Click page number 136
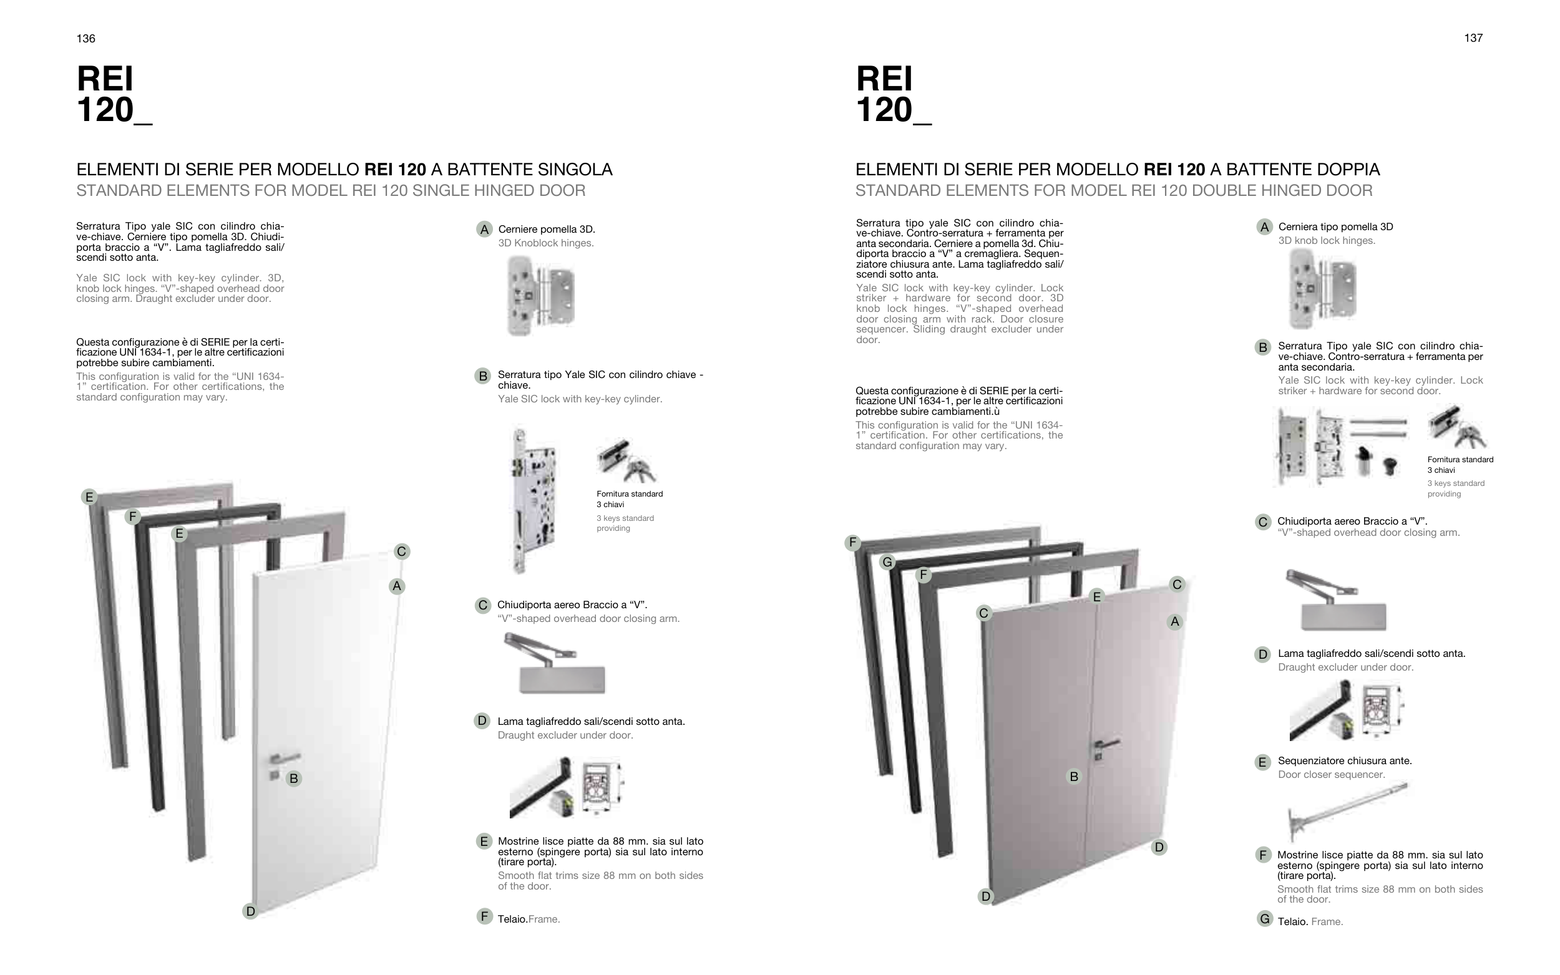tap(85, 39)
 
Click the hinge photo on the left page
tap(541, 296)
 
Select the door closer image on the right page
tap(1335, 599)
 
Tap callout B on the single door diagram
tap(294, 779)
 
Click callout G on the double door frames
tap(887, 562)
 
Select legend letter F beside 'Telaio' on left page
tap(484, 916)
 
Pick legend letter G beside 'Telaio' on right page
tap(1264, 919)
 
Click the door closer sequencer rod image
tap(1348, 811)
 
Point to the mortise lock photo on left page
tap(535, 500)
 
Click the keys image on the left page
tap(625, 460)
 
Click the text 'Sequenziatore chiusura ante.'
tap(1345, 761)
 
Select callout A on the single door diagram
tap(397, 586)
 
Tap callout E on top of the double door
tap(1096, 596)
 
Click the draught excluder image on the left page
tap(566, 787)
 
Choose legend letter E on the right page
tap(1263, 762)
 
